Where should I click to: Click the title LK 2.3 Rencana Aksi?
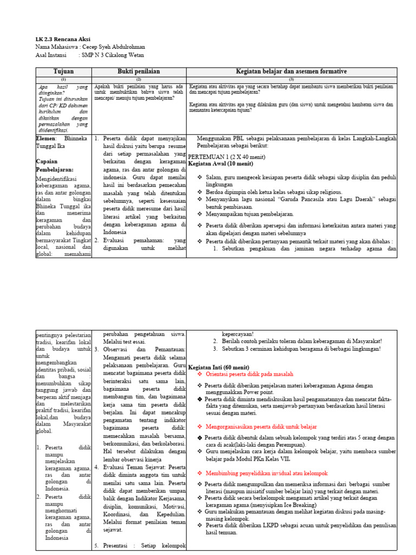coord(63,40)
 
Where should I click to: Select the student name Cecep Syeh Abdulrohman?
coord(113,47)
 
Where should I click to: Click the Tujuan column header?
coord(63,72)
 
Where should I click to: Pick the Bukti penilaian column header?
coord(139,72)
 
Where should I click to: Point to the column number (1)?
coord(63,79)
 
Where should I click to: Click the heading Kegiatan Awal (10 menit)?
coord(224,163)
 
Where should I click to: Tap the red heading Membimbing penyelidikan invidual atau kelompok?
coord(266,473)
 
